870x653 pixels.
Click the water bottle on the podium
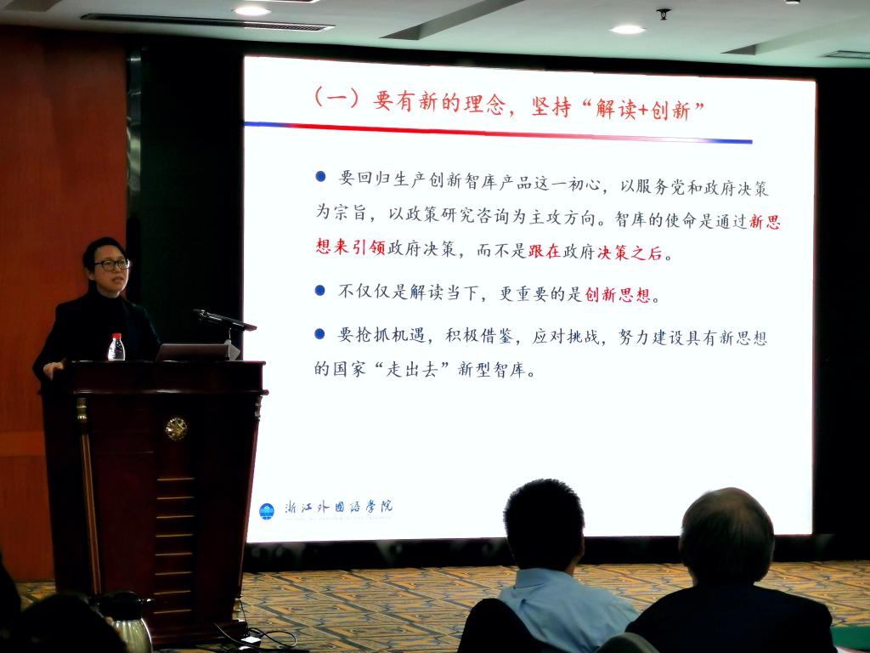tap(116, 347)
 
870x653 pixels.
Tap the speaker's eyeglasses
tap(111, 264)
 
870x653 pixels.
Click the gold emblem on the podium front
tap(176, 429)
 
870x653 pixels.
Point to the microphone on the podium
tap(224, 320)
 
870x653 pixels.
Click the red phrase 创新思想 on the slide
tap(617, 294)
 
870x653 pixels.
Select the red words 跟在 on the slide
tap(545, 252)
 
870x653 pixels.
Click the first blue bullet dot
tap(320, 177)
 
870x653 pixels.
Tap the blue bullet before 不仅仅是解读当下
tap(319, 290)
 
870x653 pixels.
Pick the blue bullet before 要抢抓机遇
tap(319, 333)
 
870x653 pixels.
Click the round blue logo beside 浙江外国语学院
tap(267, 511)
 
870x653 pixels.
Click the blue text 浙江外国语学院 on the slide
tap(338, 507)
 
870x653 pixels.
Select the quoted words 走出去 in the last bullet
tap(411, 369)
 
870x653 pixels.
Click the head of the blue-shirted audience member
tap(543, 525)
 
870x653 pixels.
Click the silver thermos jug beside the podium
tap(129, 621)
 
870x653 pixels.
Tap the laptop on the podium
tap(196, 352)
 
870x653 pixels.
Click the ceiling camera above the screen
tap(663, 14)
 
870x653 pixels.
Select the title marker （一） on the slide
tap(336, 99)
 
